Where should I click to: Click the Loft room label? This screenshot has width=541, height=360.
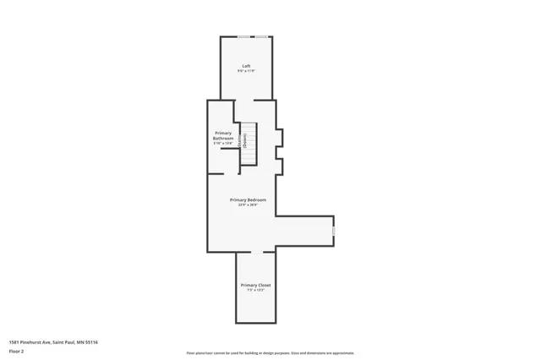click(x=246, y=66)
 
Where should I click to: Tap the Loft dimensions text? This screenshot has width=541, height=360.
click(x=246, y=71)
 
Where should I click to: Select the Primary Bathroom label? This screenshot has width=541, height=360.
click(x=223, y=135)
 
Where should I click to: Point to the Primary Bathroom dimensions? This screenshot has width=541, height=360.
click(x=223, y=143)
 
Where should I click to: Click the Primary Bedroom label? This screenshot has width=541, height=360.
click(x=249, y=199)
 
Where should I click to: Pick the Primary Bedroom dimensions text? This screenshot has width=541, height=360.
click(x=249, y=205)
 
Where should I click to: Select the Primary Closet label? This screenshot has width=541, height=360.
click(x=255, y=285)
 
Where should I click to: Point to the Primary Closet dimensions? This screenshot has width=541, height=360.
click(x=255, y=290)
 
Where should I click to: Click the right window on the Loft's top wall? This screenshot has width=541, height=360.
click(x=262, y=36)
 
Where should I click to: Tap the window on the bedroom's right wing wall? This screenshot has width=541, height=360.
click(x=334, y=230)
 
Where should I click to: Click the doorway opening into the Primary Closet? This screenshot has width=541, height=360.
click(x=257, y=252)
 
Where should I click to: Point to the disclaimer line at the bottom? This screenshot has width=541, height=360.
click(x=270, y=353)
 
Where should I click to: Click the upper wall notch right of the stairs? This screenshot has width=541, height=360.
click(x=281, y=136)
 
